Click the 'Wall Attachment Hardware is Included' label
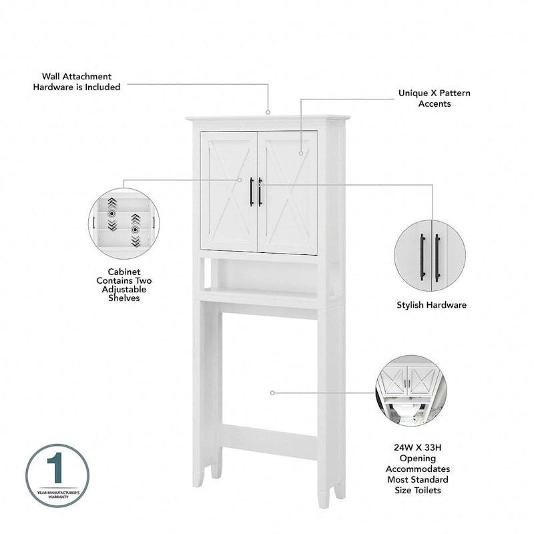[x=77, y=81]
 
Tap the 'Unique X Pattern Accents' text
[x=434, y=98]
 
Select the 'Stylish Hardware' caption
[x=431, y=305]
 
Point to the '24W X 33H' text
[x=417, y=449]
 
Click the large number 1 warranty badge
[x=57, y=475]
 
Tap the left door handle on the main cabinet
[x=252, y=192]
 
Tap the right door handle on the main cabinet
[x=260, y=192]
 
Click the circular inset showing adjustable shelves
[x=123, y=224]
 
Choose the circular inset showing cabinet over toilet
[x=407, y=390]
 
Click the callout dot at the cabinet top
[x=268, y=113]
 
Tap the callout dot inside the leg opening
[x=272, y=393]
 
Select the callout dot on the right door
[x=301, y=154]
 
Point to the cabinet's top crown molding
[x=268, y=120]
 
